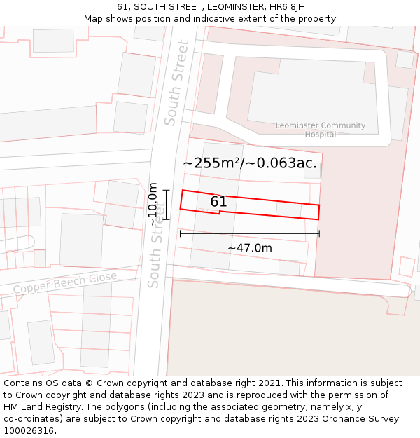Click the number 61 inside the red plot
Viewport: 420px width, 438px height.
(218, 202)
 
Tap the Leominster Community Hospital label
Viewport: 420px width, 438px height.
(320, 130)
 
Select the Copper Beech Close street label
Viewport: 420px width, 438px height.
(64, 283)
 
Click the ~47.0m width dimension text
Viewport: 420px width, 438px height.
(250, 247)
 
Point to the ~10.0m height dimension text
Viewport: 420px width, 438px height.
(153, 205)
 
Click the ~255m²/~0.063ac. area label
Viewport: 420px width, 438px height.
(250, 163)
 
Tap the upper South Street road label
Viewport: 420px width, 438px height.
(176, 83)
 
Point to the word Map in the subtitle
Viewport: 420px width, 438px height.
(94, 18)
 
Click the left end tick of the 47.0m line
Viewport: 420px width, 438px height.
(181, 233)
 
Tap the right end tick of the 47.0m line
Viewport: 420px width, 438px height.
(319, 233)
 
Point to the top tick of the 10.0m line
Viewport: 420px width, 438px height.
(166, 190)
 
